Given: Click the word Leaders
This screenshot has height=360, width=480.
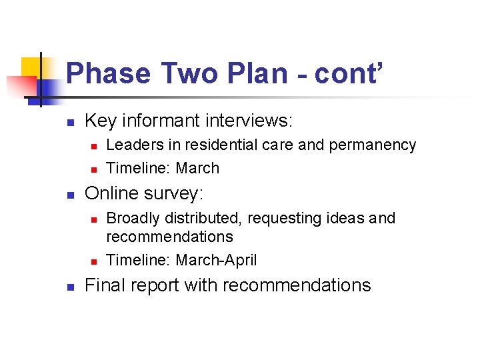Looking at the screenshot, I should (x=131, y=145).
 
